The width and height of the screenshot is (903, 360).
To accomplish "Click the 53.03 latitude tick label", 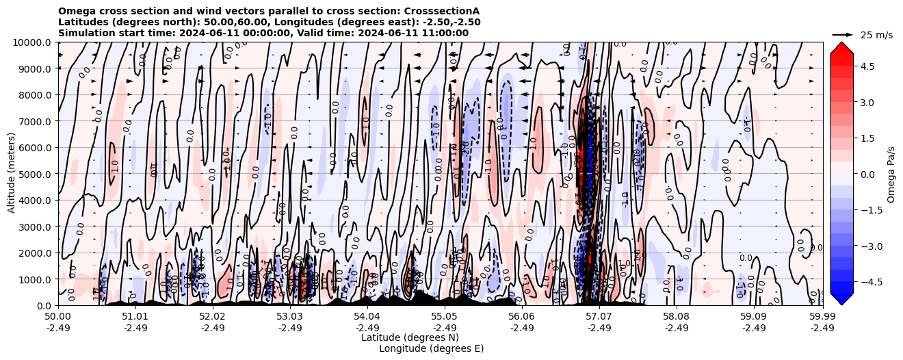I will pyautogui.click(x=290, y=317).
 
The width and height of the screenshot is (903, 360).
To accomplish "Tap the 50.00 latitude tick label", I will pyautogui.click(x=58, y=317).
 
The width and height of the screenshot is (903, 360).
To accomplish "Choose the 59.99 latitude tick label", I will pyautogui.click(x=822, y=317).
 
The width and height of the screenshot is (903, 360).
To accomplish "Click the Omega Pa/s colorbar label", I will pyautogui.click(x=891, y=174).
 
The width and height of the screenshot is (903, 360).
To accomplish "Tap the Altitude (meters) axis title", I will pyautogui.click(x=12, y=174).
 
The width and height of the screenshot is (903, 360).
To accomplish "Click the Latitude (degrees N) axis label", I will pyautogui.click(x=410, y=337).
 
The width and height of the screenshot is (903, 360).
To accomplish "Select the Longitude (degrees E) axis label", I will pyautogui.click(x=431, y=348).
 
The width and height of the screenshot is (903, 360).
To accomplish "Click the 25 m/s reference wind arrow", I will pyautogui.click(x=843, y=34).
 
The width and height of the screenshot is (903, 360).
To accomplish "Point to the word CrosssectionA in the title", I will pyautogui.click(x=442, y=11).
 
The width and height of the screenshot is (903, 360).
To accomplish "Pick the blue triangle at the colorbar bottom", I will pyautogui.click(x=841, y=298).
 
